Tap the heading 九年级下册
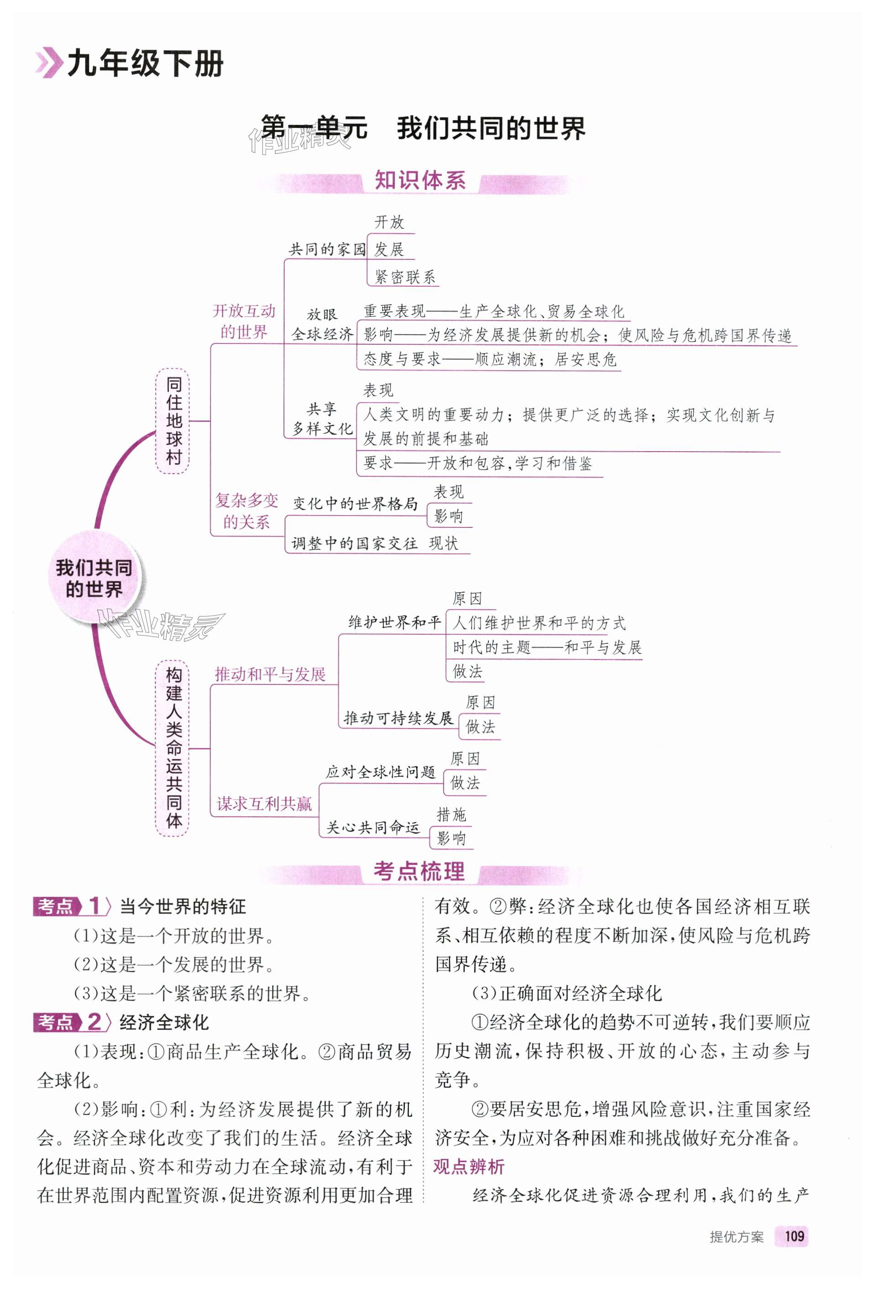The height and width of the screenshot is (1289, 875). click(x=145, y=64)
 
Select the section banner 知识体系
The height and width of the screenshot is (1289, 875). click(x=420, y=181)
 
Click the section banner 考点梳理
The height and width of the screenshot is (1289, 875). click(x=419, y=871)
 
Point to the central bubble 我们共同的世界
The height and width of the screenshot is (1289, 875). click(x=94, y=578)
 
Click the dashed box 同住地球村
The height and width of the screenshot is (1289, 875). click(x=173, y=421)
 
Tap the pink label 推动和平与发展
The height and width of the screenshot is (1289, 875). click(x=270, y=674)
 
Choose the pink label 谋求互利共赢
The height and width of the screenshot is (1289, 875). click(x=264, y=804)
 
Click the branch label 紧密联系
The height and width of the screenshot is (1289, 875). click(x=405, y=277)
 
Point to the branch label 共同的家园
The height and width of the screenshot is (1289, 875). click(x=327, y=250)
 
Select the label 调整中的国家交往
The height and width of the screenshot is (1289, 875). click(x=354, y=543)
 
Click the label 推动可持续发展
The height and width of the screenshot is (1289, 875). click(x=398, y=718)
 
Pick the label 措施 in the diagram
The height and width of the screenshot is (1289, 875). click(x=451, y=814)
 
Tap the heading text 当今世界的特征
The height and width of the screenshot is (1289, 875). click(x=183, y=906)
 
